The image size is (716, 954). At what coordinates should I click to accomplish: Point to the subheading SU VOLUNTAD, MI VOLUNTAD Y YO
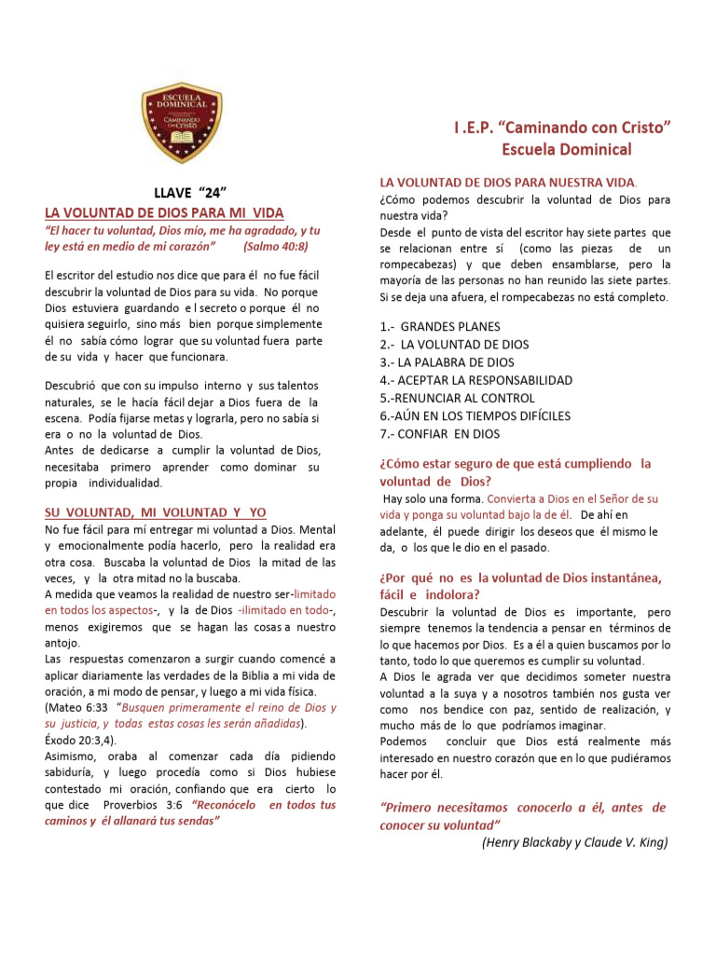coord(156,512)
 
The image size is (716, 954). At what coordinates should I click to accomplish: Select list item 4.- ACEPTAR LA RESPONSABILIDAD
coord(475,380)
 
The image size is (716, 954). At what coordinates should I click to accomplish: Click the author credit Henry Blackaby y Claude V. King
coord(574,842)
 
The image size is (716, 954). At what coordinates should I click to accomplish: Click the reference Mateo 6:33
coord(76,708)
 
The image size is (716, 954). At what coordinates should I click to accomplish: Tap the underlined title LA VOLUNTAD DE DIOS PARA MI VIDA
coord(164,212)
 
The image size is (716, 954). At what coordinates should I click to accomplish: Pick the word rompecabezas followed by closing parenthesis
coord(419,264)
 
